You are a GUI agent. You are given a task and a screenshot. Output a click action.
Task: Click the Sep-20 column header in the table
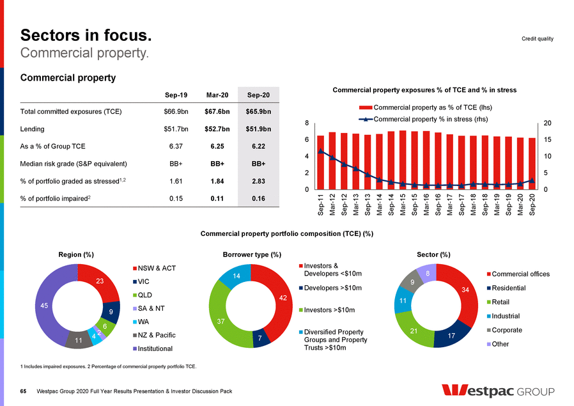pyautogui.click(x=258, y=95)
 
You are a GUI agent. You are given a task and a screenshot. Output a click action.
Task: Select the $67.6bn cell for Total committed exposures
pyautogui.click(x=216, y=112)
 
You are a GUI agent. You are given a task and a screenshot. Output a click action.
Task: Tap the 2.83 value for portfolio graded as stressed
pyautogui.click(x=258, y=181)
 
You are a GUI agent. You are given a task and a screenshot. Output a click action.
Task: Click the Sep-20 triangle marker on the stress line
pyautogui.click(x=532, y=180)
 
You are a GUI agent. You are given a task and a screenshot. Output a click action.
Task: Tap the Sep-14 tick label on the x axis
pyautogui.click(x=391, y=206)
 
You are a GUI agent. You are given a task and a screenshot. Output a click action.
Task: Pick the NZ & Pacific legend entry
pyautogui.click(x=157, y=335)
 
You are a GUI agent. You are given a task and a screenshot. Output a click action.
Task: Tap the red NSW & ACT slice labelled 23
pyautogui.click(x=100, y=281)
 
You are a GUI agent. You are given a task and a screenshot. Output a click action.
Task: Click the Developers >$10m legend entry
pyautogui.click(x=332, y=288)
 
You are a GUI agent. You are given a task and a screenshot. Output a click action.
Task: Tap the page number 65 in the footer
pyautogui.click(x=24, y=391)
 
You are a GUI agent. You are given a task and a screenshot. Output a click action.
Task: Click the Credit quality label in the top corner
pyautogui.click(x=538, y=39)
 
